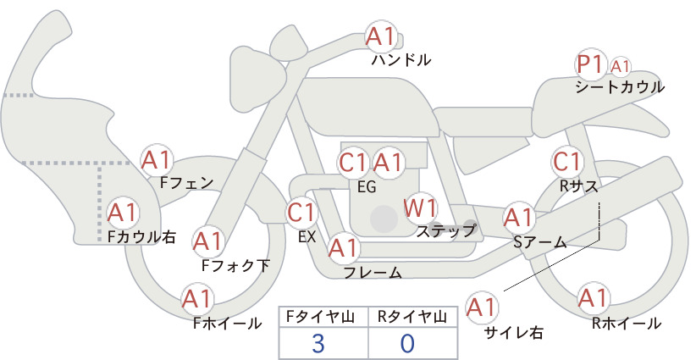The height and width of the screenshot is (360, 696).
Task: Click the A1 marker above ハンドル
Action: click(381, 36)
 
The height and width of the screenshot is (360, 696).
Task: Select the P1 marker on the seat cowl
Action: click(591, 64)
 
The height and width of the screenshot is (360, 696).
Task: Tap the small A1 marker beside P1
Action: click(620, 67)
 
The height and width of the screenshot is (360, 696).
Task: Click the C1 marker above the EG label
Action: click(354, 163)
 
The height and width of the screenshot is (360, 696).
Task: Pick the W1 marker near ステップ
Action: click(421, 208)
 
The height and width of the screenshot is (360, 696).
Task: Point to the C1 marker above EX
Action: click(301, 213)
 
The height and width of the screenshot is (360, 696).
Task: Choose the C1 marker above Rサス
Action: click(567, 162)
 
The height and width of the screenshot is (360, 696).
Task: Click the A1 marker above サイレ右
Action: click(482, 307)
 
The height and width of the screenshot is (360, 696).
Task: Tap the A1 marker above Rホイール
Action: click(593, 298)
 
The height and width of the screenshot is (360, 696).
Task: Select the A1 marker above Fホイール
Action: click(197, 299)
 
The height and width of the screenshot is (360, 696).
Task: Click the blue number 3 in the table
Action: click(318, 343)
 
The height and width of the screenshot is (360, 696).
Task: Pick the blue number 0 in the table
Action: click(407, 343)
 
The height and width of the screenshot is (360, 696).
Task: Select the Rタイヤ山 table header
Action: click(412, 317)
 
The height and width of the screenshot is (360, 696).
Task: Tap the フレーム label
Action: click(373, 273)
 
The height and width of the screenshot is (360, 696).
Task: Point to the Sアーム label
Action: click(540, 242)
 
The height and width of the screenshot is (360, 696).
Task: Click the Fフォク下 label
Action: click(235, 265)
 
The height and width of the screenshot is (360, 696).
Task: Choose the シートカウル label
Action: click(620, 87)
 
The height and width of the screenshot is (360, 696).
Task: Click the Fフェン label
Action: click(187, 183)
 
